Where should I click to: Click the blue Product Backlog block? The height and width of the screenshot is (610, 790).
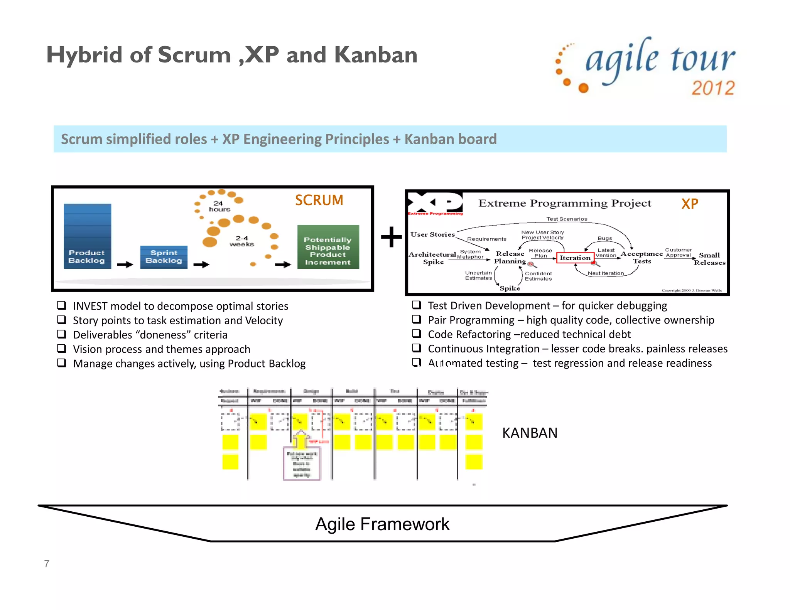click(x=87, y=236)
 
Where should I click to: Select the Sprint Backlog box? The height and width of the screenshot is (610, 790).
click(x=164, y=257)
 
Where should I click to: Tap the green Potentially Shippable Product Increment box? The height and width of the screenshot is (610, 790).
click(x=328, y=247)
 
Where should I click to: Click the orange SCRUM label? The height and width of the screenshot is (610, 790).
click(x=319, y=200)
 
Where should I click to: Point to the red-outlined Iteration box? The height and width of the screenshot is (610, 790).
click(x=575, y=258)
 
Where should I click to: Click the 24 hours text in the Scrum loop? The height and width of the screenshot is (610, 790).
click(x=219, y=206)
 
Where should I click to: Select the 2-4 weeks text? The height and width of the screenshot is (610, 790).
click(x=242, y=241)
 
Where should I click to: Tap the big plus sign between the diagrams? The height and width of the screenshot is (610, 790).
click(x=391, y=237)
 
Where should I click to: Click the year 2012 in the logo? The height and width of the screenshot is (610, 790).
click(x=713, y=88)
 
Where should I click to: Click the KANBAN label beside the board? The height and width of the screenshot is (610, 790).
click(x=530, y=433)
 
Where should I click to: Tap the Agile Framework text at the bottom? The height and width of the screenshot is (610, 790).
click(x=382, y=524)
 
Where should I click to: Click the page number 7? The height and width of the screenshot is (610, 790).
click(x=47, y=564)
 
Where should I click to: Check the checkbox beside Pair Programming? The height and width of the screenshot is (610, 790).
click(x=416, y=319)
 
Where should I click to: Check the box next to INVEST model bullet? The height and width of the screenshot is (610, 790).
click(x=61, y=305)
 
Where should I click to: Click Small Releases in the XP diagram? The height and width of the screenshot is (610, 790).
click(x=709, y=259)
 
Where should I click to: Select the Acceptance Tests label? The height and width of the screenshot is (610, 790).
click(x=641, y=257)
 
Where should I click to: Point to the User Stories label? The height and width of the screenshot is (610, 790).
click(x=432, y=234)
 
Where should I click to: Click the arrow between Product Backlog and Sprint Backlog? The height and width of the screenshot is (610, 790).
click(x=125, y=265)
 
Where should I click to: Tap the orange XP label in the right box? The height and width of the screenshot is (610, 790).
click(x=689, y=204)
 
